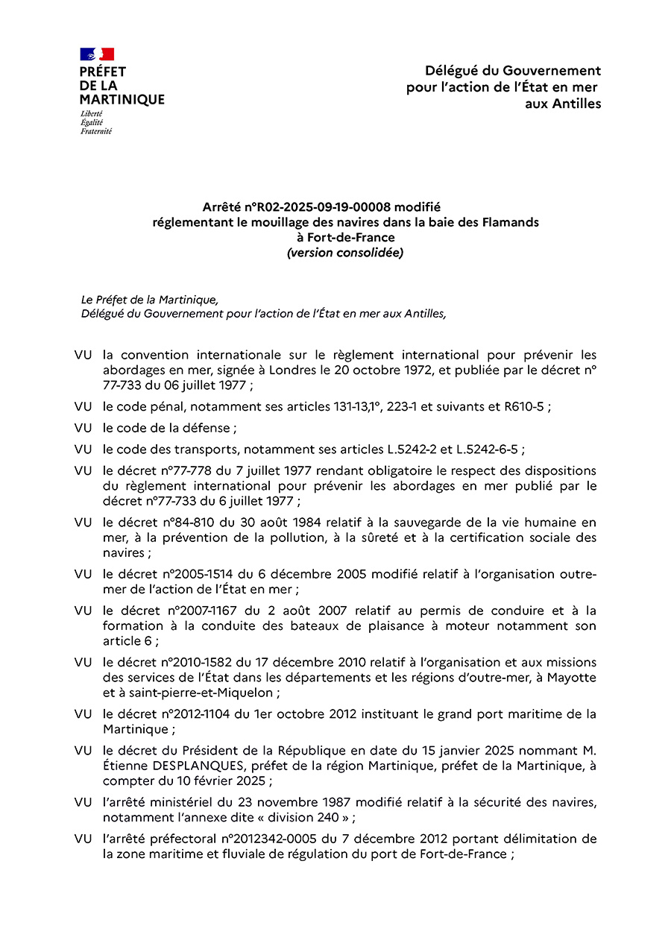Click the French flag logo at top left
(97, 54)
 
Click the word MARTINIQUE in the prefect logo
(122, 99)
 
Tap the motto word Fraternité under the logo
(96, 131)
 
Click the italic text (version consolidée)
(345, 253)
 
